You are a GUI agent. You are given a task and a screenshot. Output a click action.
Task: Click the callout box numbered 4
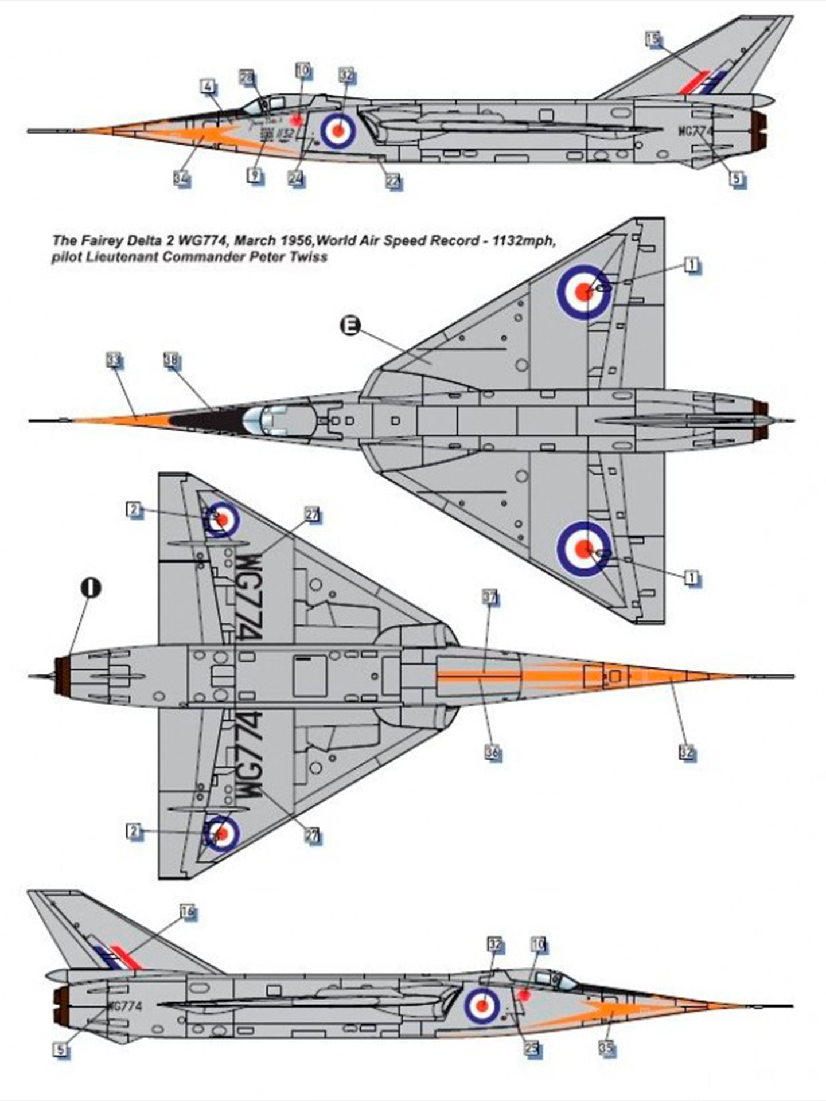[x=208, y=88]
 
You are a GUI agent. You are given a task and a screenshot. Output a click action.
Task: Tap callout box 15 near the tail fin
[x=653, y=39]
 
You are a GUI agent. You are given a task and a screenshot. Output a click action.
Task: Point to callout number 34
[x=181, y=178]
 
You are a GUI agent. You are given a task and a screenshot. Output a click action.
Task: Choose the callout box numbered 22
[x=393, y=181]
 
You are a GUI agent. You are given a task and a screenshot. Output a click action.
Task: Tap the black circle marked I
[x=92, y=587]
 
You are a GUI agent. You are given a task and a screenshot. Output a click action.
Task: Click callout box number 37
[x=490, y=598]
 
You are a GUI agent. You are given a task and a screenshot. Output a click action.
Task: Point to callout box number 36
[x=492, y=751]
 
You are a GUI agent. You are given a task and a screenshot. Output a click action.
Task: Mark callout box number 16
[x=187, y=911]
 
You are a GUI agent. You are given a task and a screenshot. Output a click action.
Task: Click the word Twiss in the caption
[x=309, y=256]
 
